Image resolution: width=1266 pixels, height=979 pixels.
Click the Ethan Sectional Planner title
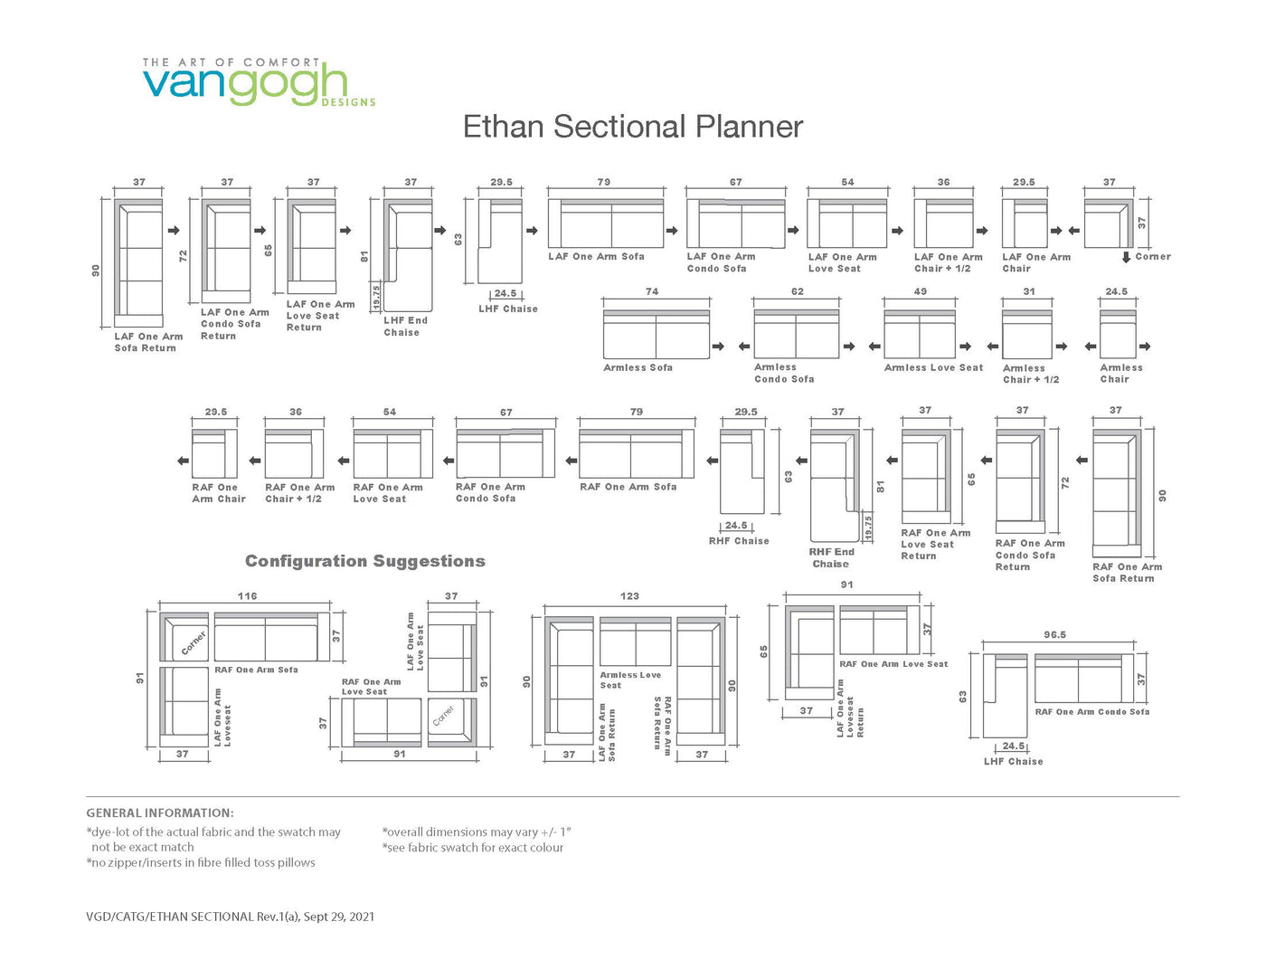pyautogui.click(x=633, y=127)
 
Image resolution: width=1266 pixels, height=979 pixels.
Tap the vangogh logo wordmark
pyautogui.click(x=245, y=85)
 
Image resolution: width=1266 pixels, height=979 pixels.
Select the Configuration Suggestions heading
pyautogui.click(x=365, y=561)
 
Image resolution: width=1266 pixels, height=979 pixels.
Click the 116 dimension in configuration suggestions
pyautogui.click(x=247, y=596)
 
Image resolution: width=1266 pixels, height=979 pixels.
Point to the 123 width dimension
pyautogui.click(x=629, y=596)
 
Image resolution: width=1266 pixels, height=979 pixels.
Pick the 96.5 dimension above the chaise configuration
pyautogui.click(x=1055, y=634)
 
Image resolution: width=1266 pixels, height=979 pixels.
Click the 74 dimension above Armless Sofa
pyautogui.click(x=652, y=291)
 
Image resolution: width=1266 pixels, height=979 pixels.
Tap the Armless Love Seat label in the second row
pyautogui.click(x=933, y=367)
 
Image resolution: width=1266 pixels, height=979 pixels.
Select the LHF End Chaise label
pyautogui.click(x=405, y=327)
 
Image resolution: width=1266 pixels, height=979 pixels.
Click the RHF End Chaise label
pyautogui.click(x=831, y=557)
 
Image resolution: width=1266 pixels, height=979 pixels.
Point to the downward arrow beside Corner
pyautogui.click(x=1126, y=257)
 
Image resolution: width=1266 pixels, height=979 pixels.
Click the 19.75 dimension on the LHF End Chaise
pyautogui.click(x=377, y=297)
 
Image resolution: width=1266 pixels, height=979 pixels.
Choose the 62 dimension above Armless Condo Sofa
pyautogui.click(x=797, y=291)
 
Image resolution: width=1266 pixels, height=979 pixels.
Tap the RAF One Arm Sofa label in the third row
pyautogui.click(x=628, y=487)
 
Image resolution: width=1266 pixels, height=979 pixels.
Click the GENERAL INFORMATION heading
pyautogui.click(x=160, y=813)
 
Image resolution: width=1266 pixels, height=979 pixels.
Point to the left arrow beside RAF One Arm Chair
pyautogui.click(x=183, y=461)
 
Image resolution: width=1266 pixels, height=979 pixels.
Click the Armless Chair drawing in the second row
pyautogui.click(x=1118, y=333)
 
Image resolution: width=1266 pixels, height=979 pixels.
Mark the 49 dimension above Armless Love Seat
pyautogui.click(x=920, y=291)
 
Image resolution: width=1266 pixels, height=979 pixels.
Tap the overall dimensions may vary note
pyautogui.click(x=477, y=832)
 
